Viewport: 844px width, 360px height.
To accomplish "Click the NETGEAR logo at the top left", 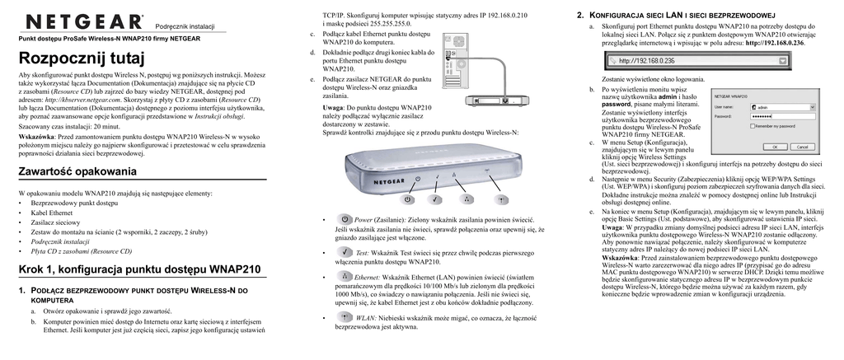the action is click(84, 20).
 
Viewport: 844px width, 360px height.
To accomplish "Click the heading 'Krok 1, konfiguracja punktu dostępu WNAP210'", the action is click(139, 269).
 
